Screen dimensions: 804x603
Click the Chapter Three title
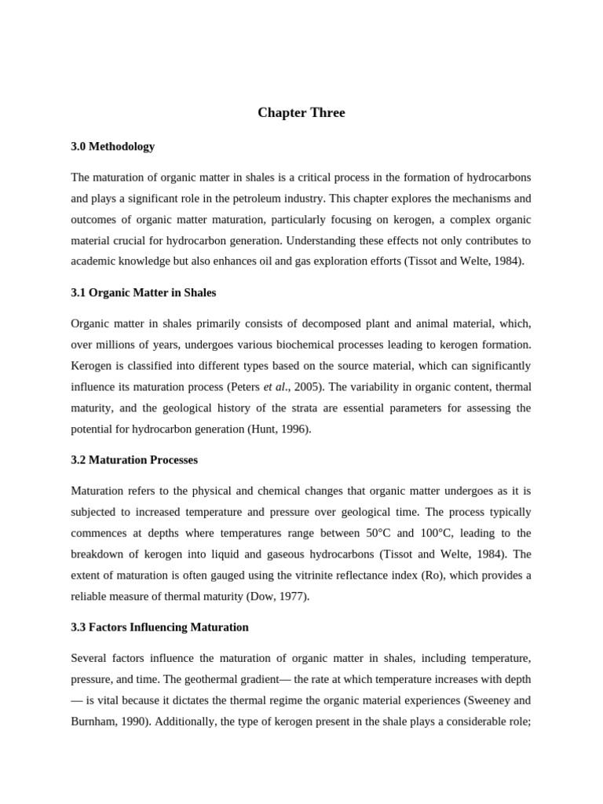[301, 113]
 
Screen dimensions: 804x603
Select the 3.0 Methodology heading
[113, 146]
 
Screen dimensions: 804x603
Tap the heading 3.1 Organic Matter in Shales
[144, 292]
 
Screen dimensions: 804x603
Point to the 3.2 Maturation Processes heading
[134, 459]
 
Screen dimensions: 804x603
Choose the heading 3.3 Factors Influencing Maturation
[159, 627]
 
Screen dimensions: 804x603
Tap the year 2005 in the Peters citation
[301, 387]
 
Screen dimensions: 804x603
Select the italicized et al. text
[275, 387]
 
